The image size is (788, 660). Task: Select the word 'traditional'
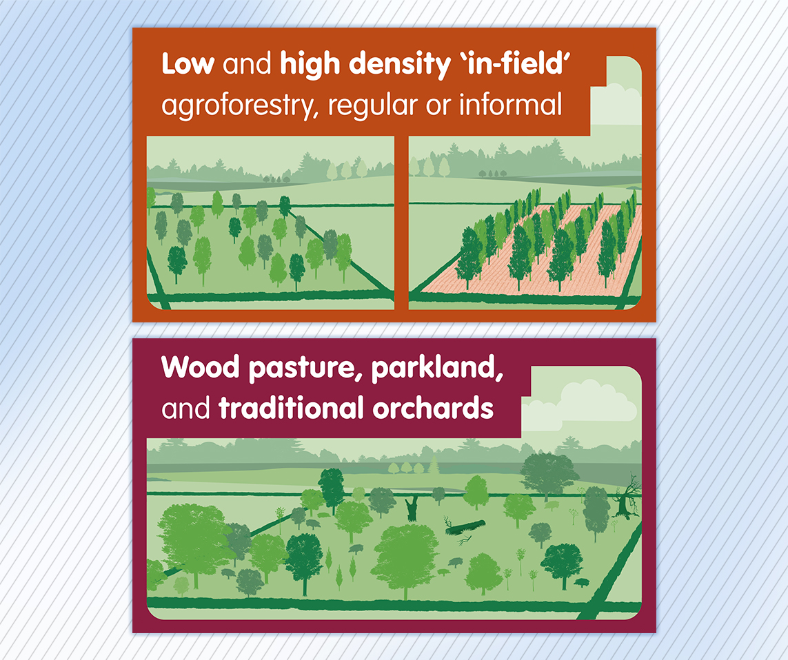(290, 408)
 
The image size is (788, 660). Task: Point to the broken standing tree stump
(412, 508)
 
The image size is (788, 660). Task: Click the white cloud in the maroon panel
(594, 402)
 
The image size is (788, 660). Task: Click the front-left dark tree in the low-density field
(177, 262)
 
